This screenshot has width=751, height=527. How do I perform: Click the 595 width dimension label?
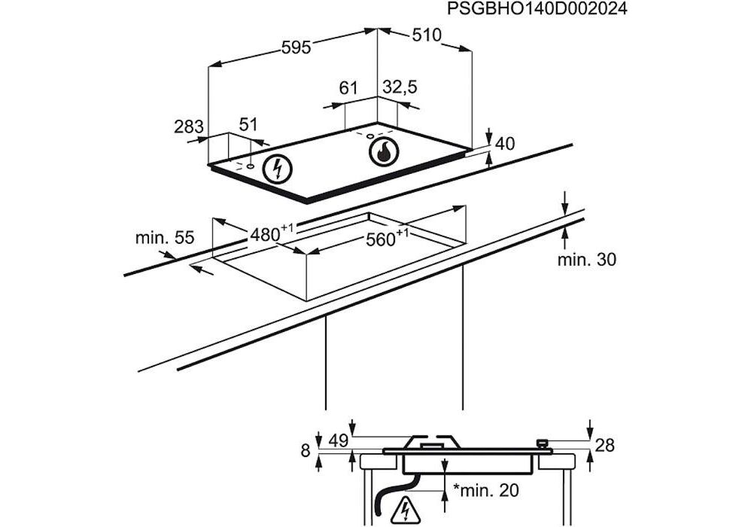tap(296, 47)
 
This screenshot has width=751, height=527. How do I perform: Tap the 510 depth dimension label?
tap(426, 35)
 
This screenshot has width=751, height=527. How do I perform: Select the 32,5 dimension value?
tap(400, 87)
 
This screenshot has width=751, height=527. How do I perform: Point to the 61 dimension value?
tap(348, 87)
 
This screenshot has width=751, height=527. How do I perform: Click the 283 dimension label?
tap(189, 127)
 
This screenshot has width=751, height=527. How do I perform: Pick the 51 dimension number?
tap(248, 124)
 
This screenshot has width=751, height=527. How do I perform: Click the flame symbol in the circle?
tap(384, 153)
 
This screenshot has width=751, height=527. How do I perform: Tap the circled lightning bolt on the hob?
tap(277, 169)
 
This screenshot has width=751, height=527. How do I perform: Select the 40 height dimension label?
tap(504, 143)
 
